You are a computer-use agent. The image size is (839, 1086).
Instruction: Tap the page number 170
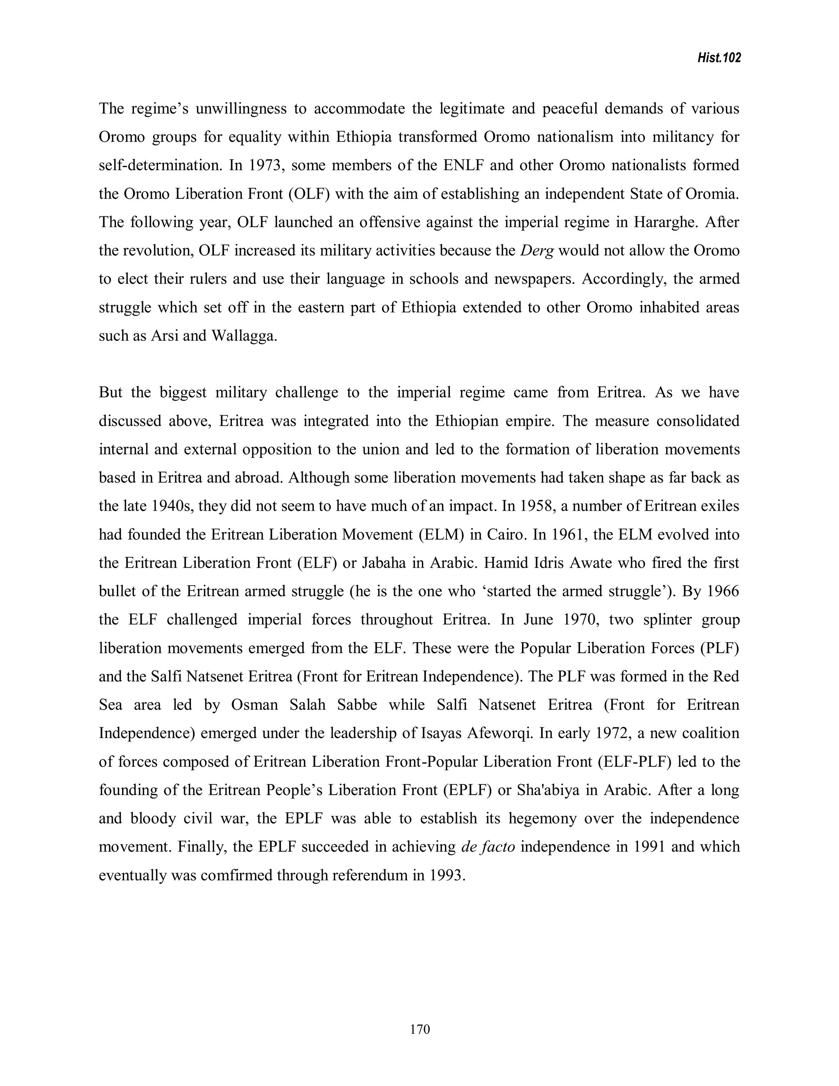click(420, 1029)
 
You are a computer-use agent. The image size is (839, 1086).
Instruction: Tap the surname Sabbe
click(357, 705)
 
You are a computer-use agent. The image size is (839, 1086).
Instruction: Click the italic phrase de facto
click(488, 847)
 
